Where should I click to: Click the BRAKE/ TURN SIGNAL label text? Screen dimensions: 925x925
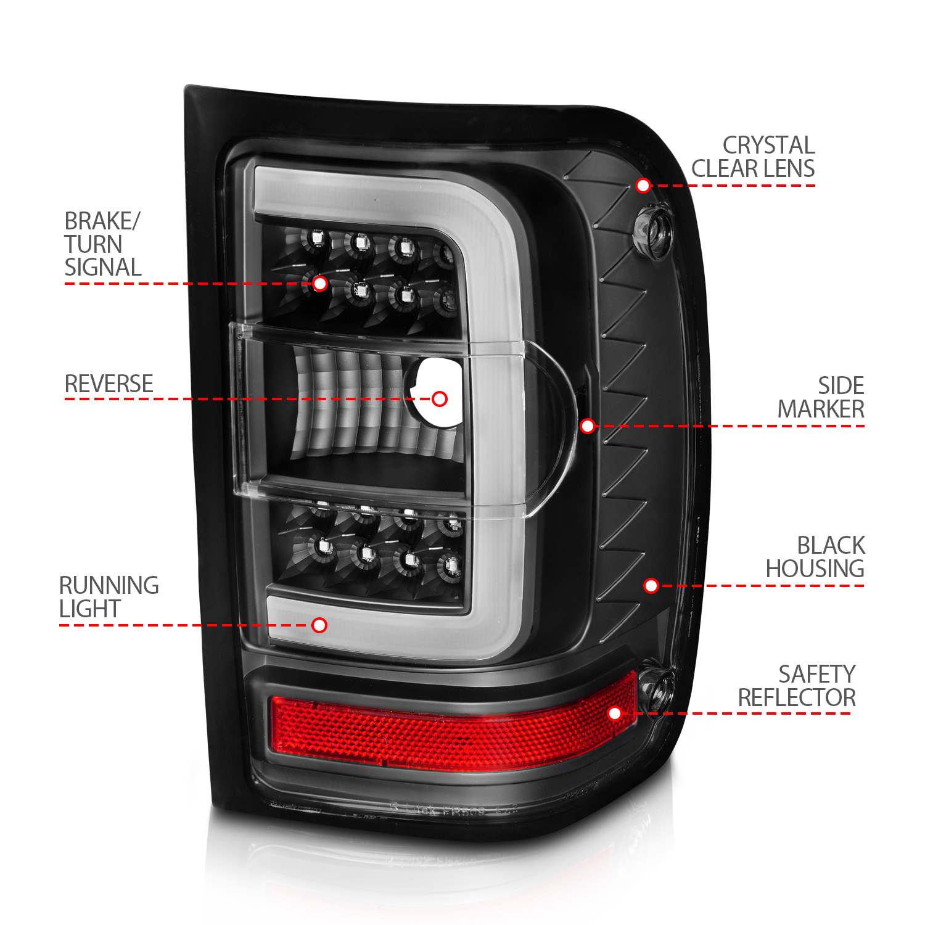click(103, 244)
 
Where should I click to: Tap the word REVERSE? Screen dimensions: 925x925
click(109, 384)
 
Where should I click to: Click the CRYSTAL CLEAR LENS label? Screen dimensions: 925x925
click(753, 157)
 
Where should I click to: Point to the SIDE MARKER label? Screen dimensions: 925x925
click(821, 397)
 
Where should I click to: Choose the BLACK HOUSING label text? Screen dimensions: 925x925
click(815, 557)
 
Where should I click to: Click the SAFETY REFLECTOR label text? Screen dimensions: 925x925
click(797, 686)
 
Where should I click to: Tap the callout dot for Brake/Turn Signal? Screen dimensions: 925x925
click(319, 284)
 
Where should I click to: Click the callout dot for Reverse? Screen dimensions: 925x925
click(440, 399)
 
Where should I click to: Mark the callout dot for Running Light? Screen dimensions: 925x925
click(319, 625)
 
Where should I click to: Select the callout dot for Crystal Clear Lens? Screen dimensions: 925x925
click(643, 185)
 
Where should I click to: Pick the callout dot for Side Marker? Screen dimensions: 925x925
click(588, 425)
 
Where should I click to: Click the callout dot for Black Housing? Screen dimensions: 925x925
click(651, 585)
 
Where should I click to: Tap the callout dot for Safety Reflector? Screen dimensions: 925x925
click(615, 713)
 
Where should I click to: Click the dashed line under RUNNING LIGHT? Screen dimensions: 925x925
click(185, 625)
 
